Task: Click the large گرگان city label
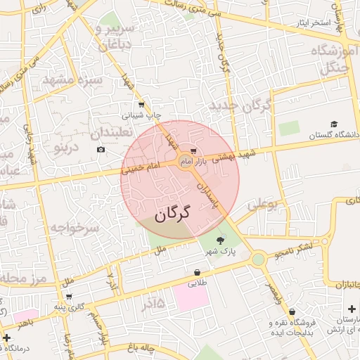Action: click(172, 212)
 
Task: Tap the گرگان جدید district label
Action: click(239, 107)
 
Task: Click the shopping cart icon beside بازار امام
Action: click(193, 153)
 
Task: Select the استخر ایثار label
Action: click(313, 23)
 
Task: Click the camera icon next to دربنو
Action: click(101, 150)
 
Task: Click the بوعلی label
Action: click(264, 205)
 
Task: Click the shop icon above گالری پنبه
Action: click(69, 297)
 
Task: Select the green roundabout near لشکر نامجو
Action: click(259, 259)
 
